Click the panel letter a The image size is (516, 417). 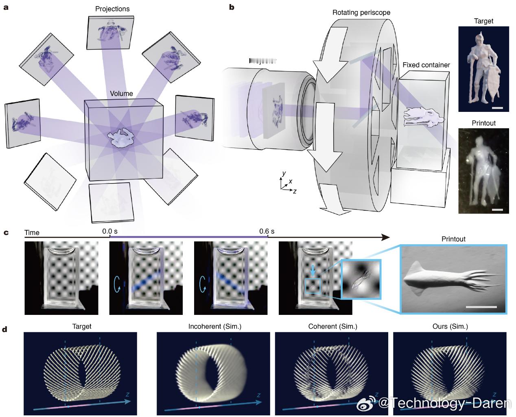pyautogui.click(x=5, y=7)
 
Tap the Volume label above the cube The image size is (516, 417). pyautogui.click(x=122, y=94)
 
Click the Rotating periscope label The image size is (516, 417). pyautogui.click(x=361, y=13)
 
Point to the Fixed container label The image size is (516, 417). pyautogui.click(x=426, y=65)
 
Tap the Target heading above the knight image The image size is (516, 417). pyautogui.click(x=483, y=21)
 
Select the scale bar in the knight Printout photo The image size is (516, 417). pyautogui.click(x=497, y=210)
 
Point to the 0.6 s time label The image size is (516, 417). pyautogui.click(x=267, y=231)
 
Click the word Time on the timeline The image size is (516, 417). pyautogui.click(x=32, y=233)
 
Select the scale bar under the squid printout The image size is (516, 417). pyautogui.click(x=481, y=306)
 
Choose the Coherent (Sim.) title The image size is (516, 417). pyautogui.click(x=332, y=326)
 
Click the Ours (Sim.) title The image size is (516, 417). pyautogui.click(x=450, y=326)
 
